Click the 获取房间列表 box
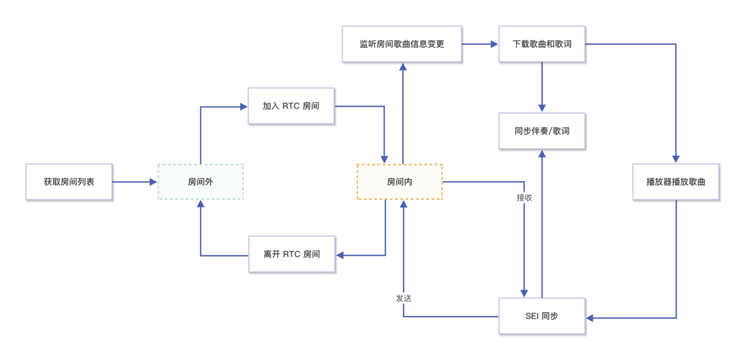[69, 182]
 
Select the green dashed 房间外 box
[201, 182]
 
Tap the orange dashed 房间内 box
[399, 182]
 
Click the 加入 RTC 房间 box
[291, 106]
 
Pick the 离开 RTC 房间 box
[291, 254]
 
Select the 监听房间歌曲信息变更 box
[402, 44]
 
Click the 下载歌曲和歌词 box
[542, 44]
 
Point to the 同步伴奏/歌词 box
[542, 131]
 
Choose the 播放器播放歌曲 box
[676, 182]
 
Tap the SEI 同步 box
[542, 317]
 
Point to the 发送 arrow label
[404, 298]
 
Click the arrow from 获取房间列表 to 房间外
[135, 182]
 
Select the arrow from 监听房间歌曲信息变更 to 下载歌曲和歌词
[480, 44]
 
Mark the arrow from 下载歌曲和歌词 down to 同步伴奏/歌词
[542, 86]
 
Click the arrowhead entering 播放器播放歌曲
[676, 159]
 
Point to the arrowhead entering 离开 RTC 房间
[340, 255]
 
